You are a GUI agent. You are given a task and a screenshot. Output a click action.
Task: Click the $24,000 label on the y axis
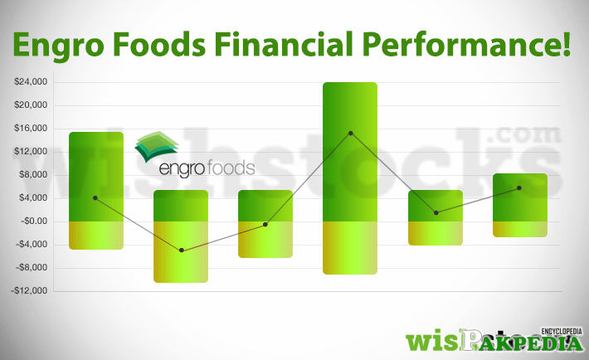coord(31,81)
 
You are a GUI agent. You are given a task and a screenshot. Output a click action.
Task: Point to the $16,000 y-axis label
coord(31,128)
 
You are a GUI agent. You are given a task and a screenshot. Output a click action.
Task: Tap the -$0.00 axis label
coord(34,221)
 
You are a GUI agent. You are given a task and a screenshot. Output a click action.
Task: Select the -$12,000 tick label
coord(29,290)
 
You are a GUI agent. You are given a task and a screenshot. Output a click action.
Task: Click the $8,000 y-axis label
coord(33,175)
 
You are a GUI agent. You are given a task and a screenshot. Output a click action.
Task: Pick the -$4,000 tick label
coord(32,244)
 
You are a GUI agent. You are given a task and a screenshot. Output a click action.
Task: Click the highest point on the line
coord(350,133)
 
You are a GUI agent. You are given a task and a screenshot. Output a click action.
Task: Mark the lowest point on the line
coord(182,251)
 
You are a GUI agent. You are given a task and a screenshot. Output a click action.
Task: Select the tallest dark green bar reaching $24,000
coord(350,152)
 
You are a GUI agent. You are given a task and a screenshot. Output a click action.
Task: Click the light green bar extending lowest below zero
coord(181,252)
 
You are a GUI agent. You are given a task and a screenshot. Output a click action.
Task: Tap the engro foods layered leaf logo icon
coord(157,146)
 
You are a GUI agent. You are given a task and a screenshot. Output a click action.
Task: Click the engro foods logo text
coord(207,168)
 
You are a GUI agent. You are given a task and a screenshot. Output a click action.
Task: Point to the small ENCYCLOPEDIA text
coord(561,332)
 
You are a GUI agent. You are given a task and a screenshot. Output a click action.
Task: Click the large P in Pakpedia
coord(470,340)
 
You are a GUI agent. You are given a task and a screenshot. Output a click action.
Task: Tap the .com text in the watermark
coord(524,135)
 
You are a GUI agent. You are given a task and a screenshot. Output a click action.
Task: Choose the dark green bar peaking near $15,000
coord(96,177)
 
